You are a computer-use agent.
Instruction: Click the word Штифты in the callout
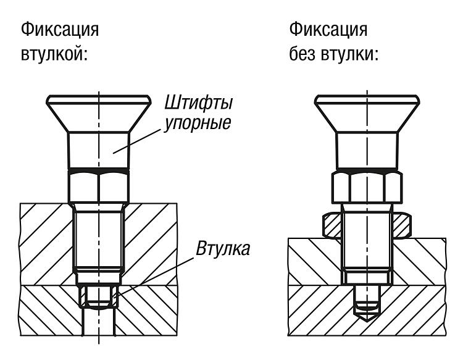click(198, 103)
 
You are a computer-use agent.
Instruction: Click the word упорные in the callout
click(198, 122)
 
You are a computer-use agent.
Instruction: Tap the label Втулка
click(223, 249)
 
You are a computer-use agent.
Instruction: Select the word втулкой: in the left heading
click(54, 54)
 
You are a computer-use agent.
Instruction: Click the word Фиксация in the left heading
click(60, 30)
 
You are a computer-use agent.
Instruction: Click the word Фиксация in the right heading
click(328, 30)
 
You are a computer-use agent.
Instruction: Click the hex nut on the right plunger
click(367, 186)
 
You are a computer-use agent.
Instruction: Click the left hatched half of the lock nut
click(332, 225)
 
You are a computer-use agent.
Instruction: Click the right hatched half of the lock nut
click(402, 225)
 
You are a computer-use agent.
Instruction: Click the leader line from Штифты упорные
click(137, 141)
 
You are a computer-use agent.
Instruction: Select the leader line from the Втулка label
click(153, 277)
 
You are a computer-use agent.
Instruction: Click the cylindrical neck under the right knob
click(367, 151)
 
